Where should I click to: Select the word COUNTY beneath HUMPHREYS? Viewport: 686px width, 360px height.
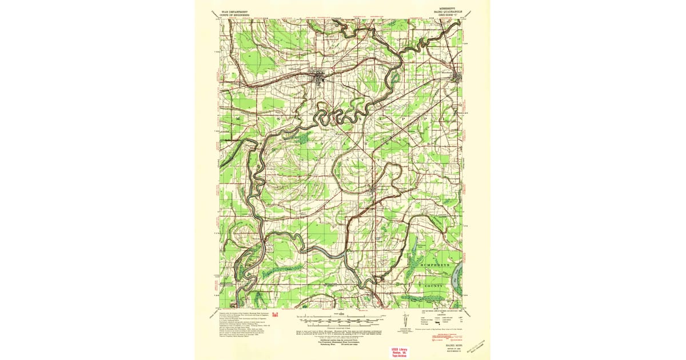point(434,285)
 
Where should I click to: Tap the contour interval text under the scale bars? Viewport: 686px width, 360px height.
point(337,327)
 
